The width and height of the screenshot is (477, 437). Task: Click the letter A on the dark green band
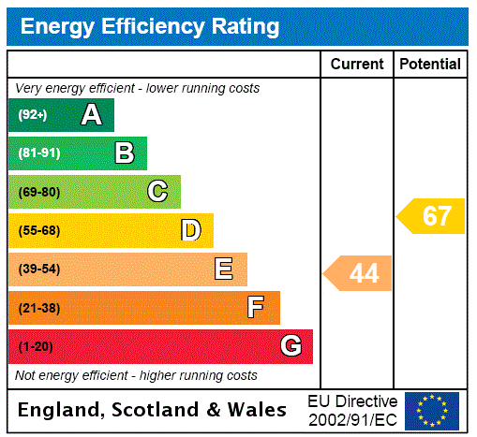click(91, 115)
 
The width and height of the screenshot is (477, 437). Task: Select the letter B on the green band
click(124, 153)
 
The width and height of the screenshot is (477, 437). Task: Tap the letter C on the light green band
click(157, 192)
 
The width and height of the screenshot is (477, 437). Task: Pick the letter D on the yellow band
click(191, 230)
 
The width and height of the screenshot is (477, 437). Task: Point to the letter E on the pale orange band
click(224, 269)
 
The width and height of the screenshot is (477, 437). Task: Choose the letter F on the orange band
click(257, 308)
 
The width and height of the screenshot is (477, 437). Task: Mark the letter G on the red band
click(291, 346)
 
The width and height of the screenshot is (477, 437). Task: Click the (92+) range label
click(33, 115)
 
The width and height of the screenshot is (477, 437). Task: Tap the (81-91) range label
click(38, 153)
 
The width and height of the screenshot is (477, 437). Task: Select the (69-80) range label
click(38, 192)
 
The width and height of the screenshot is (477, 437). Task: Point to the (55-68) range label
click(38, 230)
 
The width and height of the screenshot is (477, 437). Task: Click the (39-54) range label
click(38, 269)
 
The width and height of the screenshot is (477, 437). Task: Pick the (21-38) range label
click(38, 308)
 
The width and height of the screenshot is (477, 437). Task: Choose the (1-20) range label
click(36, 347)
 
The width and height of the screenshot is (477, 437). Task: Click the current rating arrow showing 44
click(359, 273)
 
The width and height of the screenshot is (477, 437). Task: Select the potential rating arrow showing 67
click(433, 216)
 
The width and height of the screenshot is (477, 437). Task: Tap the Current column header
click(357, 65)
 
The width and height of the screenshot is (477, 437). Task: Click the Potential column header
click(430, 65)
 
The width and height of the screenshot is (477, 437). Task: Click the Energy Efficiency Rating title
click(150, 27)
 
